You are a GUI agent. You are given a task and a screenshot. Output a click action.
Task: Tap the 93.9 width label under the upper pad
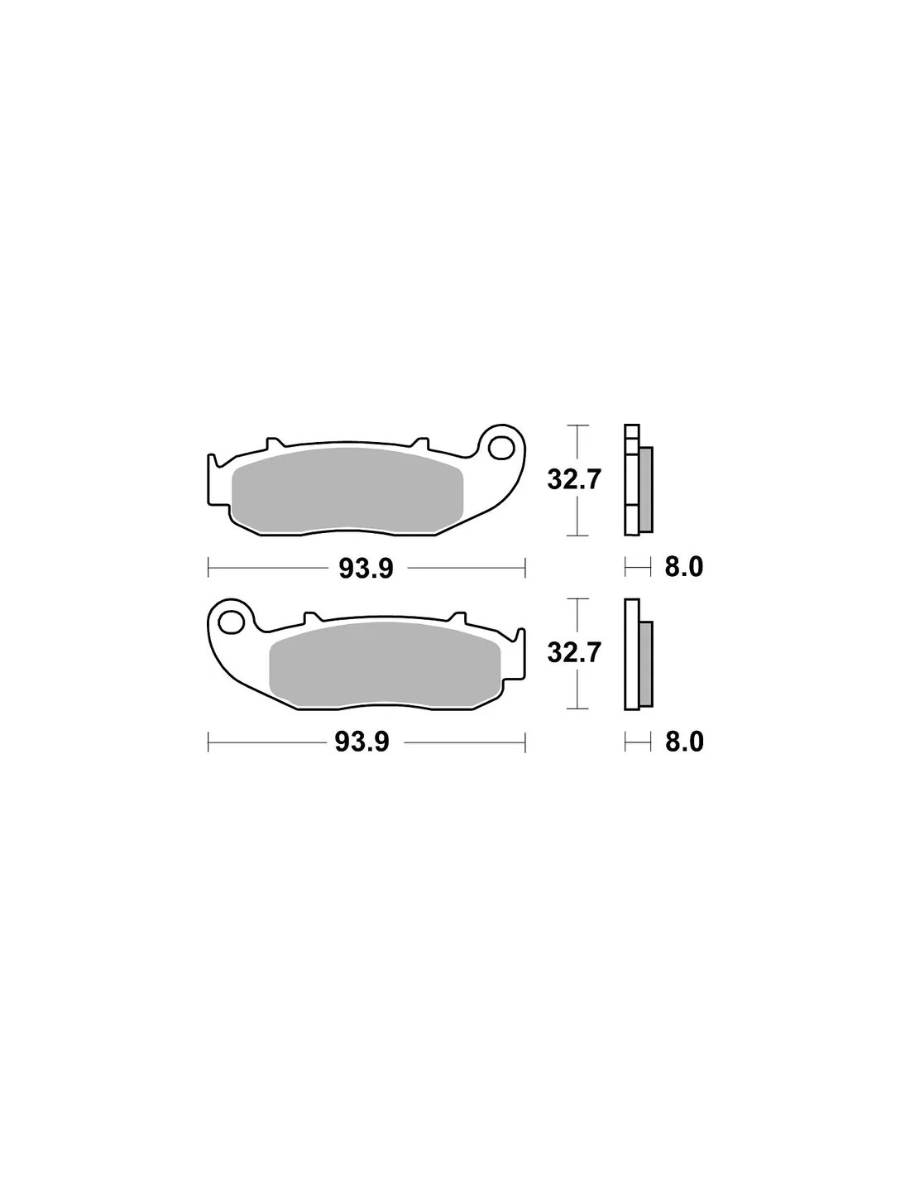click(366, 569)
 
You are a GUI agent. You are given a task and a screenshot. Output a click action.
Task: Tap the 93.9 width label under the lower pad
click(362, 742)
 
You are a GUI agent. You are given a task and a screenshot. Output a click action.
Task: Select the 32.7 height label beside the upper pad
click(574, 480)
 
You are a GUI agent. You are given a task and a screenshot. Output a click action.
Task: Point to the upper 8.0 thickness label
click(683, 568)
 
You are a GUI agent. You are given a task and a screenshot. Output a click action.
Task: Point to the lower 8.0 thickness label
click(684, 742)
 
